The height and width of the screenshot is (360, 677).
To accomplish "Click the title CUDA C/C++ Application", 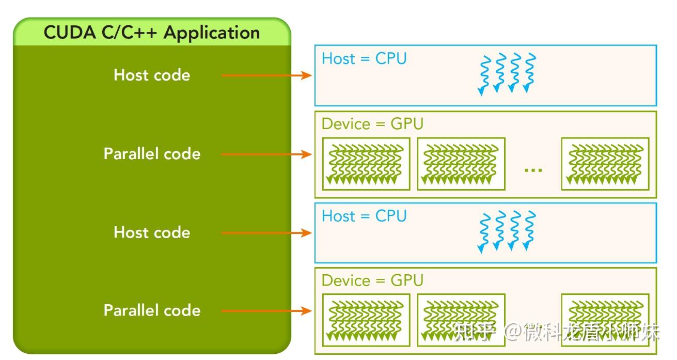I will (152, 33).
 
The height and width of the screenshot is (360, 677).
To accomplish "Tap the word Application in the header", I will (212, 33).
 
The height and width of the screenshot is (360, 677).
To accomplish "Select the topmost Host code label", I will (152, 75).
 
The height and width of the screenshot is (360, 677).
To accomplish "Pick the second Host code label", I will (152, 232).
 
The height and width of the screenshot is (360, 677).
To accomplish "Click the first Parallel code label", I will (152, 154).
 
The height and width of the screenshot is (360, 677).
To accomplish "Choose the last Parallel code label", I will (152, 310).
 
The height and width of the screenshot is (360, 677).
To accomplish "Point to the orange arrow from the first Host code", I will (266, 75).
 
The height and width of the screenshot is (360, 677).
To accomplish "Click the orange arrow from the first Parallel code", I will (266, 154).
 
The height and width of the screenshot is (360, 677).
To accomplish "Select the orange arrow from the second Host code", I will (266, 233).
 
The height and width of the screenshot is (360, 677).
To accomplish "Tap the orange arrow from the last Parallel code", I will (266, 311).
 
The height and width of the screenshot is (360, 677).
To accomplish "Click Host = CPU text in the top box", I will (364, 59).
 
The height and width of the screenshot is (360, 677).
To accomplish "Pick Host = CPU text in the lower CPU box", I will (364, 216).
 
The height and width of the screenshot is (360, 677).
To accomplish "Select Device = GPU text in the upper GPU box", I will (372, 124).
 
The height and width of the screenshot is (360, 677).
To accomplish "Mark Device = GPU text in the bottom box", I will (372, 280).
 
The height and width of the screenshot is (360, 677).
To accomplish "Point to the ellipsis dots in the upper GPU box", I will (533, 169).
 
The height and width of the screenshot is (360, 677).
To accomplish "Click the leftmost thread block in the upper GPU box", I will (366, 164).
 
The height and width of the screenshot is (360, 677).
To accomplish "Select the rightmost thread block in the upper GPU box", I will (605, 164).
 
